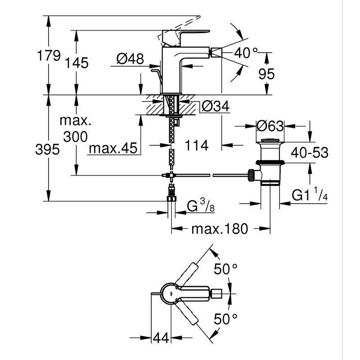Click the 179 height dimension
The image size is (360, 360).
49,55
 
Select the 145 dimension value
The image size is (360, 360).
76,63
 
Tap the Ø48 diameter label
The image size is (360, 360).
130,58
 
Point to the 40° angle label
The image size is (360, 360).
246,53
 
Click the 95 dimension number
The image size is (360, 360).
266,74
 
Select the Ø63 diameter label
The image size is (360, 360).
270,126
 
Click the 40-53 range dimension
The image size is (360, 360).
310,153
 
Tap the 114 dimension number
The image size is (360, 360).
197,145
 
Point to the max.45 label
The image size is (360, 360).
113,148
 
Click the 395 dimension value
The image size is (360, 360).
48,149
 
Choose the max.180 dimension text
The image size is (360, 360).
220,229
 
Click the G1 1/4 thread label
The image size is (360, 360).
310,194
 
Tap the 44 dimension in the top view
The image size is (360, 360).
161,338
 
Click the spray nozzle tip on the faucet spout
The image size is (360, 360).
216,53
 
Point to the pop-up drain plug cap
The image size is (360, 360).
270,140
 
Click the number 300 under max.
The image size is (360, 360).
75,137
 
